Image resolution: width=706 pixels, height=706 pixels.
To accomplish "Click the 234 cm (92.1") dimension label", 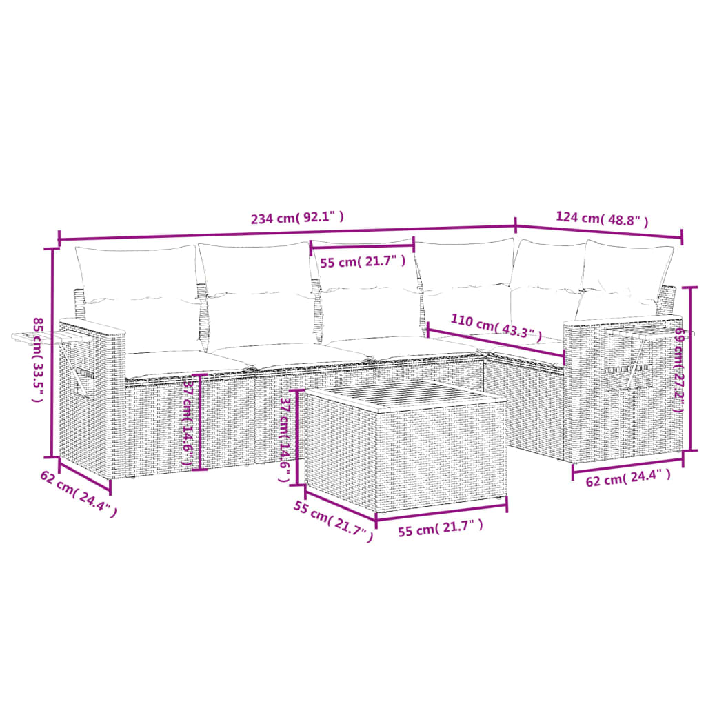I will coord(297,219).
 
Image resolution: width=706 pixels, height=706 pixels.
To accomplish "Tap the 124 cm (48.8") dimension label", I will coord(602,219).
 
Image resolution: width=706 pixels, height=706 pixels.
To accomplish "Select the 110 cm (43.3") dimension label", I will coord(492,325).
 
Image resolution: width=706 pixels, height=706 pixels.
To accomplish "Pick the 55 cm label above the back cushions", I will coord(362,261).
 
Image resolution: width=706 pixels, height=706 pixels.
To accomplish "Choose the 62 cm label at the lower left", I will coord(78,492).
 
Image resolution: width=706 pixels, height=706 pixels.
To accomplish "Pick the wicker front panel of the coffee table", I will coord(441,455).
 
